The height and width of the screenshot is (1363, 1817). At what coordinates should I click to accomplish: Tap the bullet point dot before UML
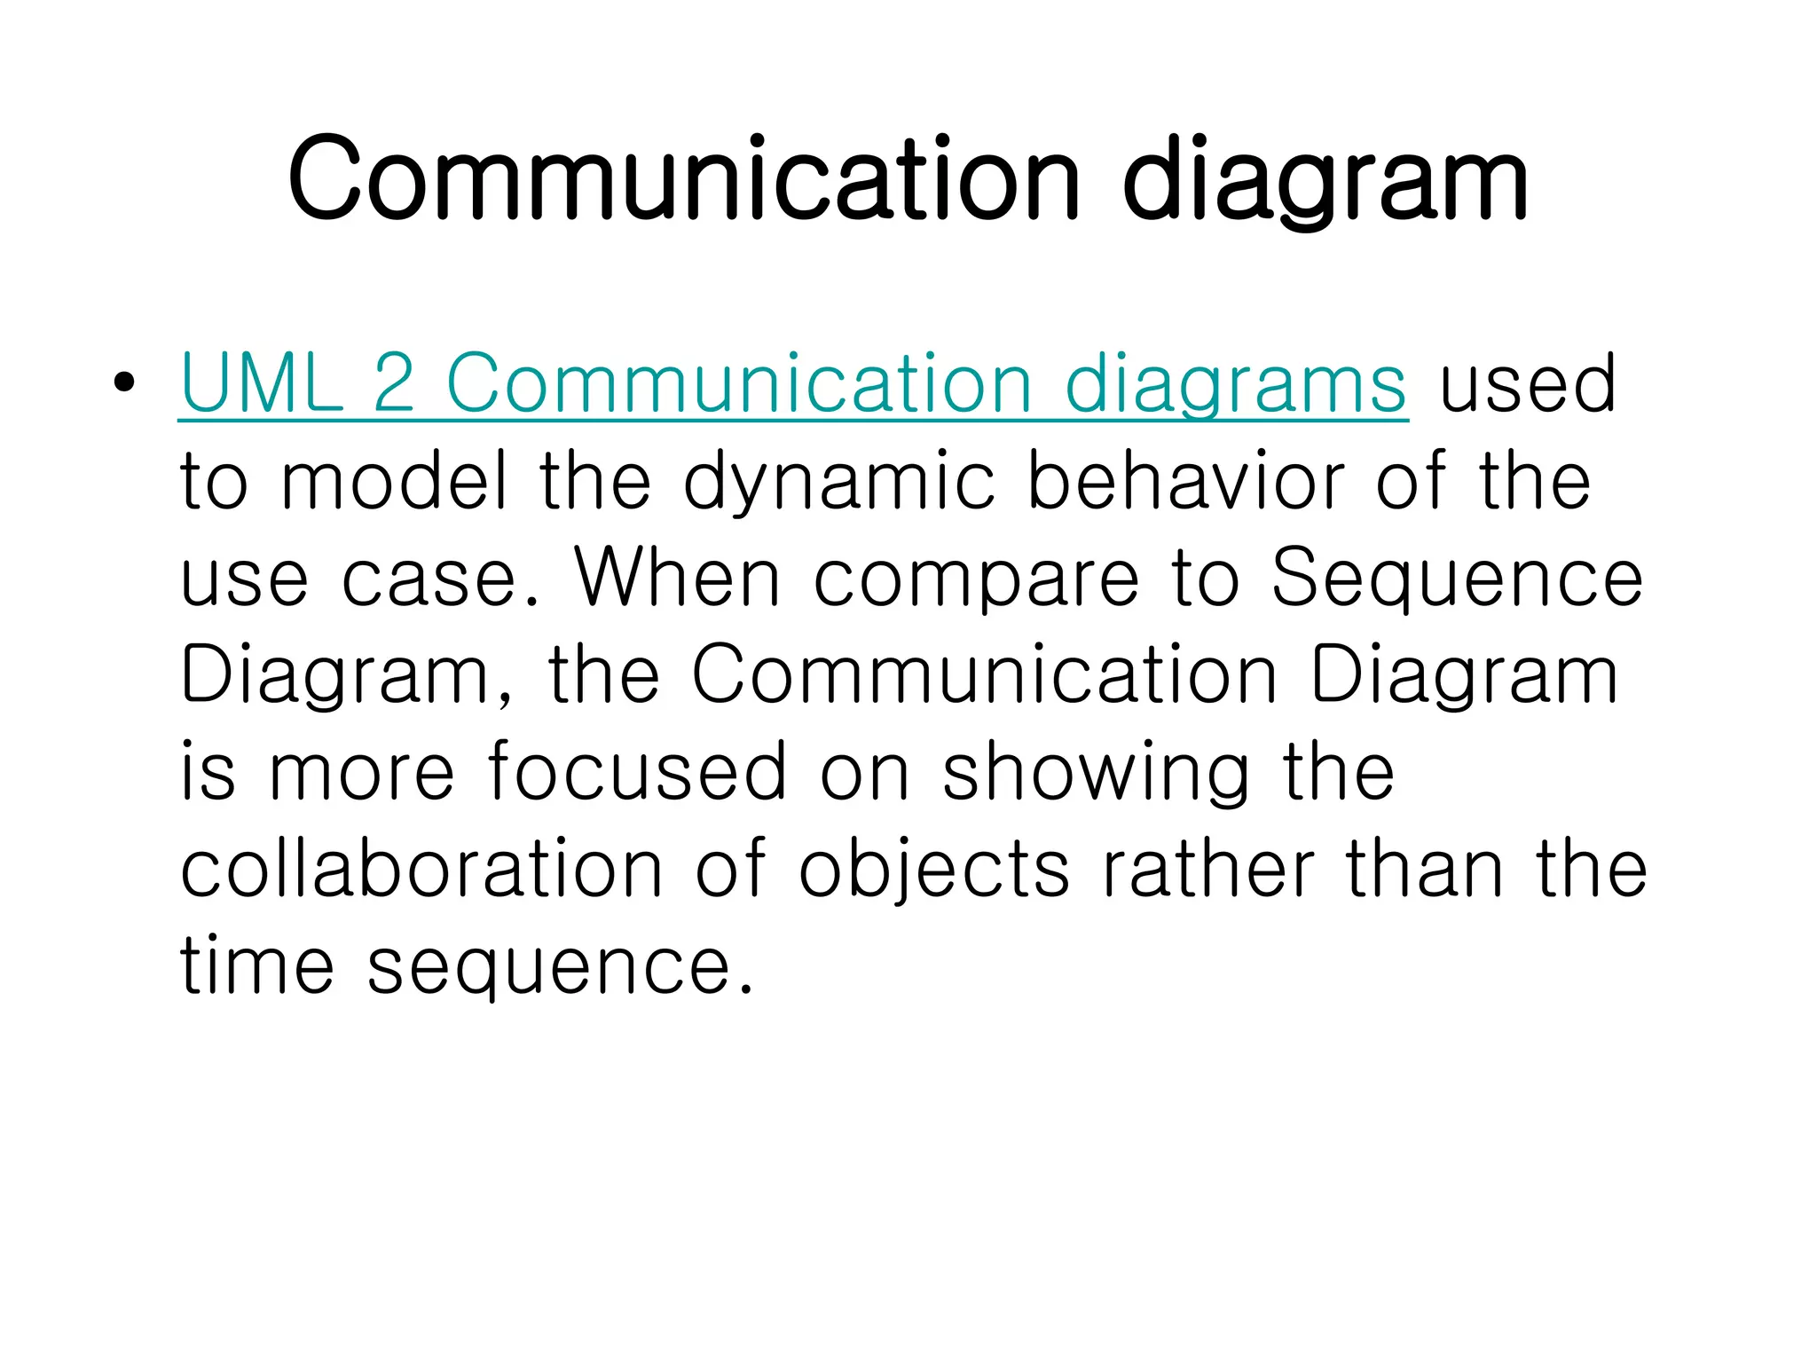[x=125, y=383]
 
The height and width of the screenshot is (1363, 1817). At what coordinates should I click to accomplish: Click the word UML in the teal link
[x=261, y=383]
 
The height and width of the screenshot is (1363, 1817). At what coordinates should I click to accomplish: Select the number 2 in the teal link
[x=394, y=383]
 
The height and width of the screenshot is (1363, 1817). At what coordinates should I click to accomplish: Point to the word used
[x=1527, y=383]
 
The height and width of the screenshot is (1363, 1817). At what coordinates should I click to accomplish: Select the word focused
[x=637, y=770]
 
